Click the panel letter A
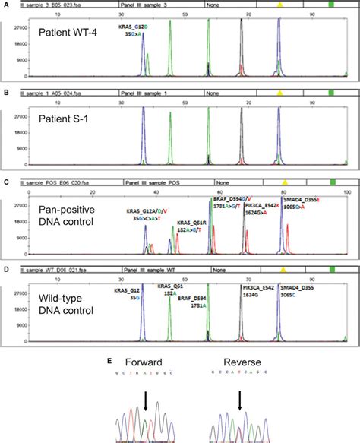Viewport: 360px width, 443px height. pyautogui.click(x=5, y=5)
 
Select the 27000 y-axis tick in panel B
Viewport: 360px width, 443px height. pyautogui.click(x=16, y=115)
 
